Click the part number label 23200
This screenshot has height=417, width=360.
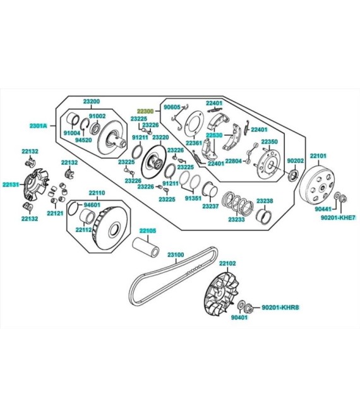[92, 101]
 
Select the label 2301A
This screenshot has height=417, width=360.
[39, 126]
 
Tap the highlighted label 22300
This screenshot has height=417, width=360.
[145, 111]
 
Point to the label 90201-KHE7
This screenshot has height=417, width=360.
[338, 217]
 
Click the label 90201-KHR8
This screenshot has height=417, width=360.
[280, 307]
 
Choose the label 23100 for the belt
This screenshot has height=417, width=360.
[176, 255]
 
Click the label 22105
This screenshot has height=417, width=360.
[148, 231]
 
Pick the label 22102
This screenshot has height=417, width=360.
[227, 263]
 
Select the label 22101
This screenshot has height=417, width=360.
[318, 155]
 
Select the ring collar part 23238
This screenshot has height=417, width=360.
[264, 217]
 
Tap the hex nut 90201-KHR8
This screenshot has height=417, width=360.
[249, 308]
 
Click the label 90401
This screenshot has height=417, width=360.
[239, 317]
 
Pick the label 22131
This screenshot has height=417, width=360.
[11, 184]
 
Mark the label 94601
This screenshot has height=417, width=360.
[92, 205]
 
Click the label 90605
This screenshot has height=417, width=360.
[172, 107]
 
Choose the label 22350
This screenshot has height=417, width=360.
[269, 142]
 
